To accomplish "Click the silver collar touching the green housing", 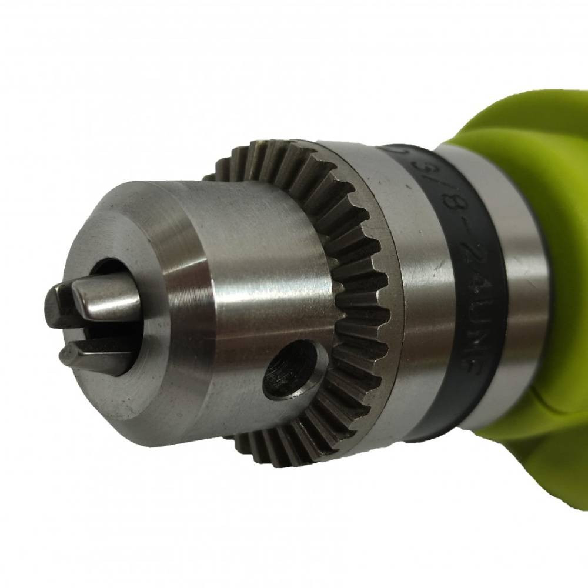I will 517,282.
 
